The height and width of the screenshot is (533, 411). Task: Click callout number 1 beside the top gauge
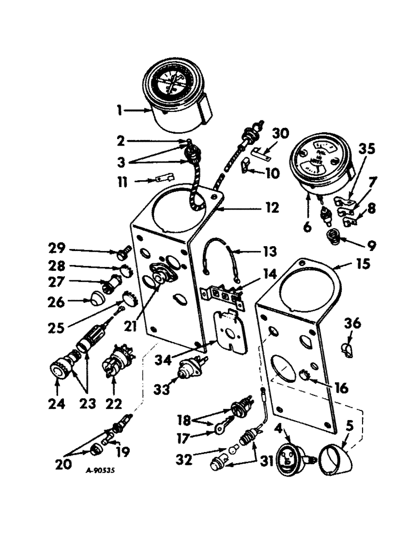120,111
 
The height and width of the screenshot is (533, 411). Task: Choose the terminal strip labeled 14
223,295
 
